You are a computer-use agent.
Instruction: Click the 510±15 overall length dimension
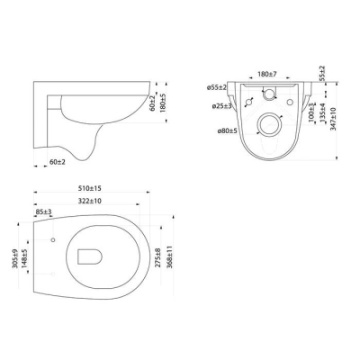(90, 188)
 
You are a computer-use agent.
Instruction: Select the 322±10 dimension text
(90, 201)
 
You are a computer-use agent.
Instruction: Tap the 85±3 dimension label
(43, 211)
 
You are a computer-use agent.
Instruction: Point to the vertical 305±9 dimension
(15, 258)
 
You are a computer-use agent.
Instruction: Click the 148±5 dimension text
(24, 258)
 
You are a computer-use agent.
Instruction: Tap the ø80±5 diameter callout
(228, 130)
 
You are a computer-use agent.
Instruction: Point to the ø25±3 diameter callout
(222, 106)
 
